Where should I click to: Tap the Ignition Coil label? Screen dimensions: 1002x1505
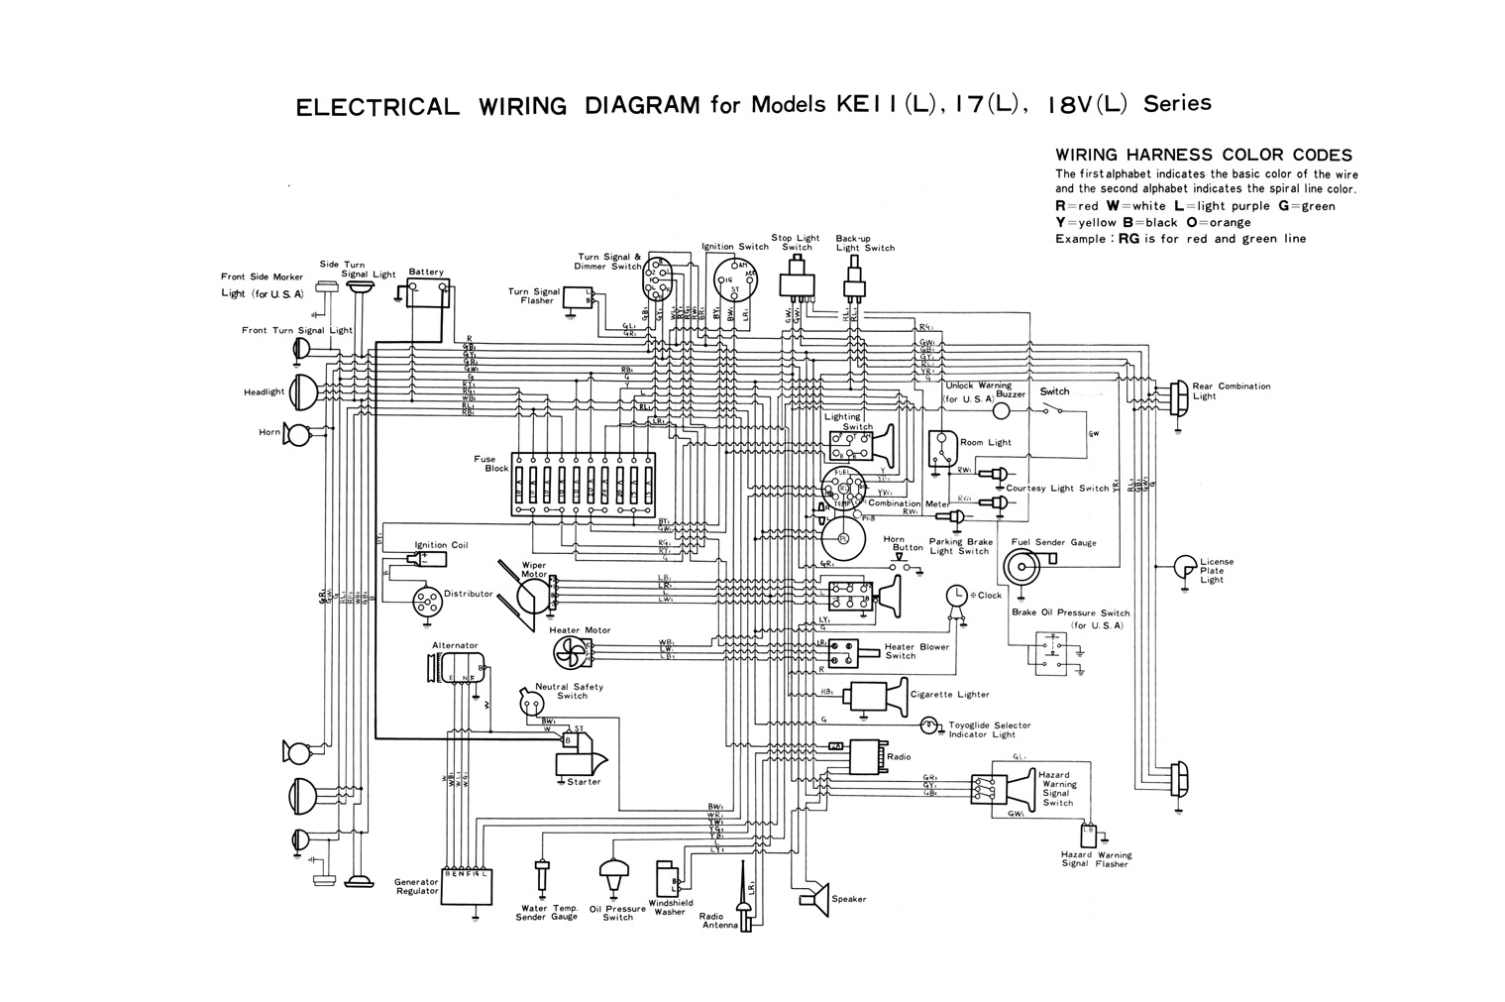[441, 545]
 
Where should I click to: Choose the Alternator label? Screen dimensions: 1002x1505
[455, 645]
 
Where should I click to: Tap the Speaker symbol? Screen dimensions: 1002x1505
[814, 898]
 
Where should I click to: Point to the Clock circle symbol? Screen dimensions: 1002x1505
[956, 594]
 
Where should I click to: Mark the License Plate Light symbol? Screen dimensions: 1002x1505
[1184, 566]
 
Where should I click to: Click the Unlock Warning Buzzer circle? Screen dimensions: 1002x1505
[1002, 410]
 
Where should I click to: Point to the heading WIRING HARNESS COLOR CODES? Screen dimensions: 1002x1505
[1203, 155]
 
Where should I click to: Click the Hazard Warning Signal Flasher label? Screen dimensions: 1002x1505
[1096, 858]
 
